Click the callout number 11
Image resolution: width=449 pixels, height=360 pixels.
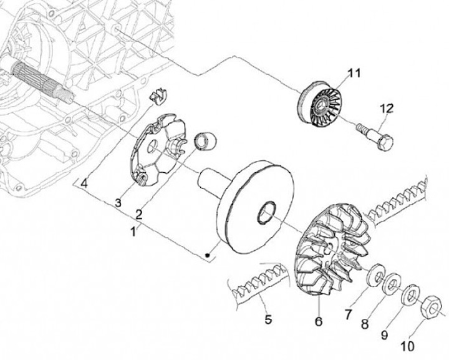pyautogui.click(x=354, y=74)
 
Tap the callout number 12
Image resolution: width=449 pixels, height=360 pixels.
pyautogui.click(x=386, y=109)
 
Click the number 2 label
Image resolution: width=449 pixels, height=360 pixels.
pyautogui.click(x=138, y=214)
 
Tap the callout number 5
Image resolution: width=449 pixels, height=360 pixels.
pyautogui.click(x=268, y=320)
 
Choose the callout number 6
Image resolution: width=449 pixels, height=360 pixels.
pyautogui.click(x=318, y=322)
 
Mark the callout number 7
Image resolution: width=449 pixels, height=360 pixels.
pyautogui.click(x=349, y=311)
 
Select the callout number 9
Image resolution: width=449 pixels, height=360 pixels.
pyautogui.click(x=384, y=335)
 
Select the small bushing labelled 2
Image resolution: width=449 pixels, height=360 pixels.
pyautogui.click(x=206, y=141)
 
